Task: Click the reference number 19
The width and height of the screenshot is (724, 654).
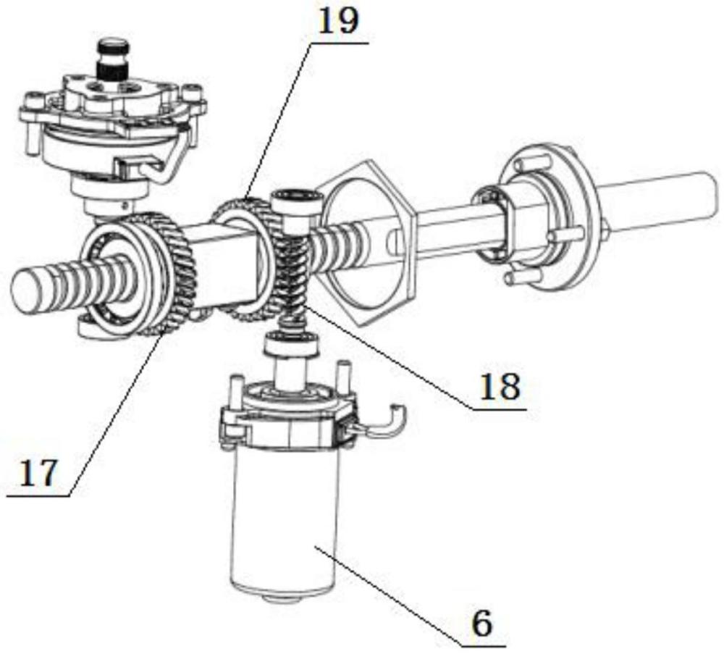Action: click(338, 22)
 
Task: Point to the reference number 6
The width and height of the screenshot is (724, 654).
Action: click(482, 624)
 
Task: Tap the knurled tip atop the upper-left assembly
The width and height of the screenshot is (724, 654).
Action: click(111, 58)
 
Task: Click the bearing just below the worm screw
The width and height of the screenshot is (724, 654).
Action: click(291, 343)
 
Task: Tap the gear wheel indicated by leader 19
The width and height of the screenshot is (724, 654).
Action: click(249, 259)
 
